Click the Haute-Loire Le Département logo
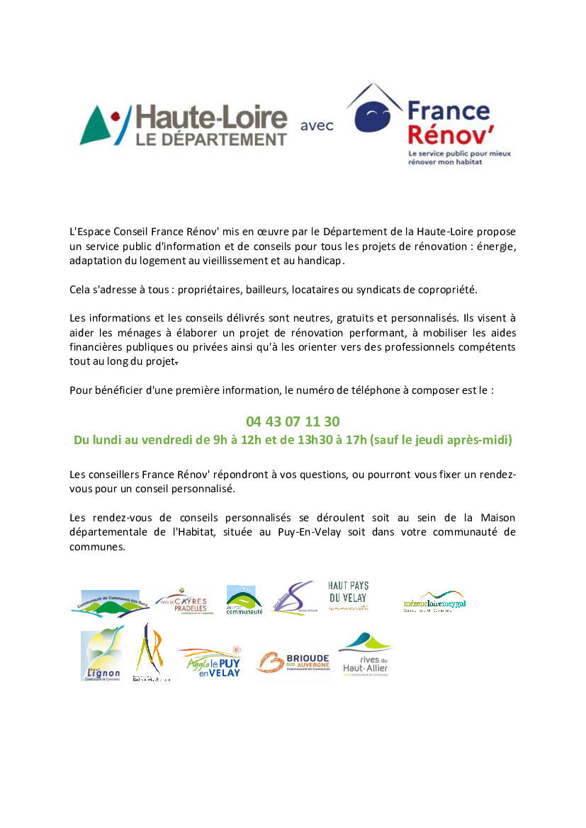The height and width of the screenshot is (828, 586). [184, 125]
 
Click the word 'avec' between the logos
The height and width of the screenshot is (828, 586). [317, 126]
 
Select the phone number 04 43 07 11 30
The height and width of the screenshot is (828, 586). [293, 422]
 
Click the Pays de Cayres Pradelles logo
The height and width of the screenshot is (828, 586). [184, 601]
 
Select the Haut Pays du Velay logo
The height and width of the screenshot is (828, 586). [348, 596]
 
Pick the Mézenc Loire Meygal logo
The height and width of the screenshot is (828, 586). [434, 601]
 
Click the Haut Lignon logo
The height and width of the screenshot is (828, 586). [102, 654]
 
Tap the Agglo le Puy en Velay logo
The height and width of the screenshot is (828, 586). [210, 662]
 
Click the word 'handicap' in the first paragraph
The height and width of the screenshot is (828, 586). [322, 261]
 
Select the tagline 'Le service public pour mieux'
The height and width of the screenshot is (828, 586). [459, 153]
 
